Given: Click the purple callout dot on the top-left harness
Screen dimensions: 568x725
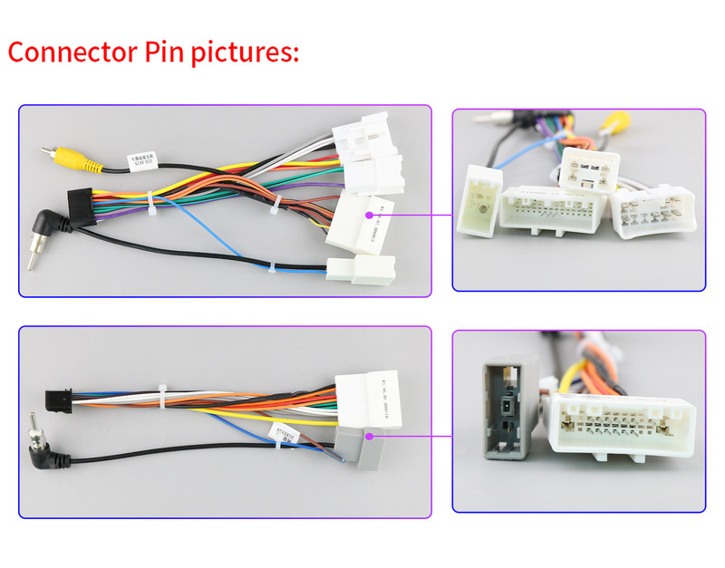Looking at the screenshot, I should [370, 216].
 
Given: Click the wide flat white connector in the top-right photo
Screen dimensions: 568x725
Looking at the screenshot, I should [549, 209].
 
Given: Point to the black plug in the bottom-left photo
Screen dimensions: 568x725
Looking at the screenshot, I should [57, 398].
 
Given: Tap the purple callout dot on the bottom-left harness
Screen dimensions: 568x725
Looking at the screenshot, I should [370, 436].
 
